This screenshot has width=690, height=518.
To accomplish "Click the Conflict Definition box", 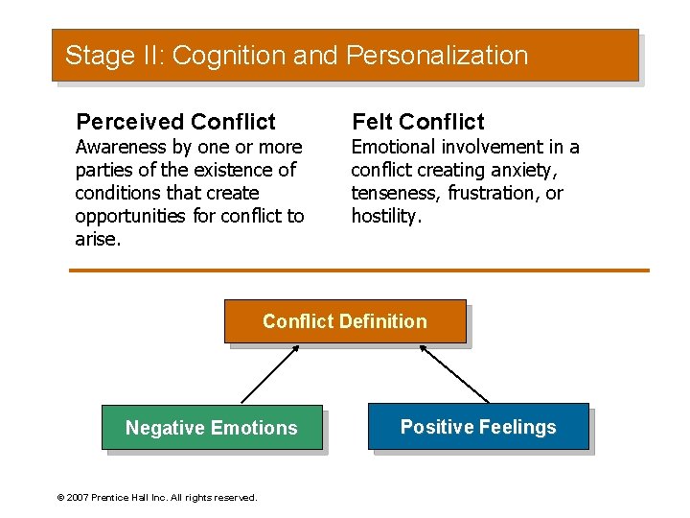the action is point(345,321).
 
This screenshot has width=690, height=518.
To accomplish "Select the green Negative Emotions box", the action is point(212,428).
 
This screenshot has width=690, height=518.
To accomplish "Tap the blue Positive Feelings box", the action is point(478,427).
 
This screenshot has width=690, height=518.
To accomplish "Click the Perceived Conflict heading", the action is point(175,122).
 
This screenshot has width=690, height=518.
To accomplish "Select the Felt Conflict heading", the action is point(418,122).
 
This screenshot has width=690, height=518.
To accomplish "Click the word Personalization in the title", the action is point(437,56).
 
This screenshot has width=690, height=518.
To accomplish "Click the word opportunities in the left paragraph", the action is point(130,216).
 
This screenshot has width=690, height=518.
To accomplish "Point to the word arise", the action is point(97,239).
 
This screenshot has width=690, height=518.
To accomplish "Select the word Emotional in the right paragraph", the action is point(393,147).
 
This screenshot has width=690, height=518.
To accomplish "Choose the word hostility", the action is point(385,216).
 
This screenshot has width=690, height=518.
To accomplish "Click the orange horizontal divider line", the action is point(359,271).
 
